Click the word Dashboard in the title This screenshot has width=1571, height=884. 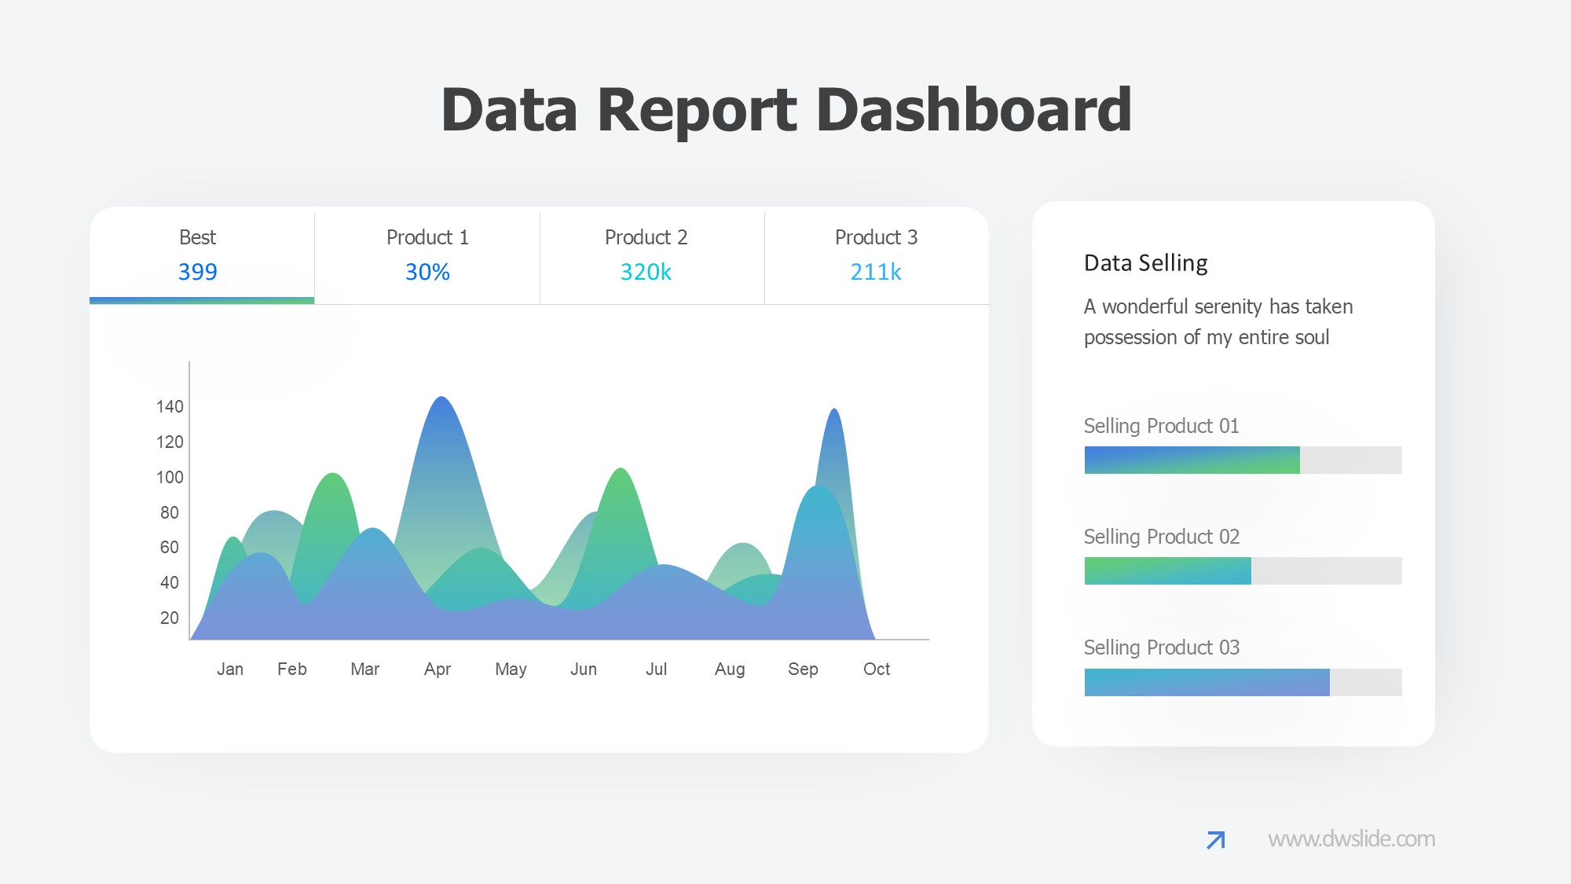coord(974,110)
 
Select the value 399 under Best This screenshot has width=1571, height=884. coord(197,272)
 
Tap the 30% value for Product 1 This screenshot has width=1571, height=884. coord(427,272)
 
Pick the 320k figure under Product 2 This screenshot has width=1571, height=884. coord(646,272)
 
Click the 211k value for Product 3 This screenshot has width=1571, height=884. coord(876,272)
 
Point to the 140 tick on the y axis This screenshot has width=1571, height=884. coord(170,407)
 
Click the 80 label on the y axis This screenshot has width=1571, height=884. coord(170,513)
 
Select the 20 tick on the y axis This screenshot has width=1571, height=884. coord(170,618)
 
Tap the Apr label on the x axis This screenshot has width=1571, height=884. coord(438,669)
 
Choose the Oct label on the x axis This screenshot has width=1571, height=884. coord(877,669)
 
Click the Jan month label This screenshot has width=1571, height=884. coord(230,669)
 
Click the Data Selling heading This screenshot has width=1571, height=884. coord(1145,263)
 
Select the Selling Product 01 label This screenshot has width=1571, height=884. coord(1161,426)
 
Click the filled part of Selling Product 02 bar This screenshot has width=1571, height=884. coord(1167,571)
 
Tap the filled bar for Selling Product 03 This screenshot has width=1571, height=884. coord(1207,682)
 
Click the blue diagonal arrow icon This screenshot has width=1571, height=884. coord(1216,840)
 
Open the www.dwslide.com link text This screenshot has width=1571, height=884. coord(1351,839)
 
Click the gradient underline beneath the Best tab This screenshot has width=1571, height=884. coord(202,300)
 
